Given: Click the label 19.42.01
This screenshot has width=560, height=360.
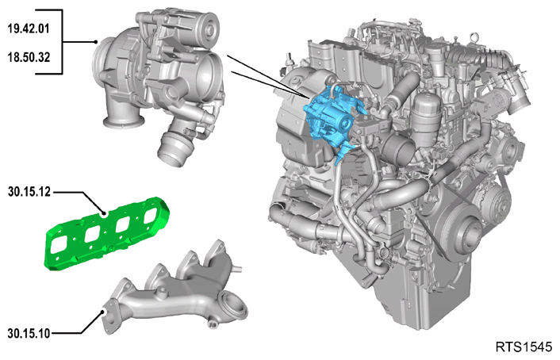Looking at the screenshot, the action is pyautogui.click(x=29, y=29).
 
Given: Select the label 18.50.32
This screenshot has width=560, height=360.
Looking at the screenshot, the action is pyautogui.click(x=29, y=57).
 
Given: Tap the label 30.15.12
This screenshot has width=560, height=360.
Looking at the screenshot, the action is pyautogui.click(x=29, y=192).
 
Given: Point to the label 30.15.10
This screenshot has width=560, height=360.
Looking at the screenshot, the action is pyautogui.click(x=29, y=334).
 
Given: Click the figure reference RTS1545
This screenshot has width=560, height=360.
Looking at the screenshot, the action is pyautogui.click(x=524, y=347).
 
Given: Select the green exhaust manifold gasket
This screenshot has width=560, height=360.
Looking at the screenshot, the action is pyautogui.click(x=106, y=233).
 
